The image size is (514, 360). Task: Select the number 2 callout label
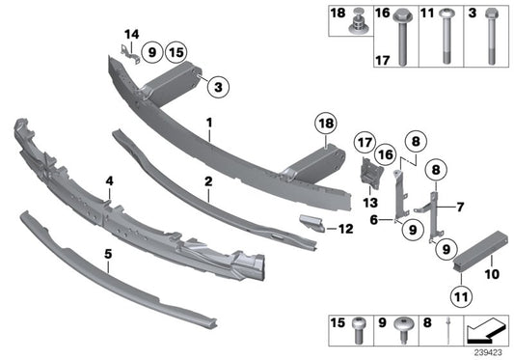click(207, 180)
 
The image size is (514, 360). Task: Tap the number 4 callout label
click(110, 180)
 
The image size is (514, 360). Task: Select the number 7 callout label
click(460, 207)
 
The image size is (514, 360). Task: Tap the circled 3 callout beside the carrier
click(218, 88)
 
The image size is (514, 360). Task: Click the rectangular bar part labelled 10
click(476, 254)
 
